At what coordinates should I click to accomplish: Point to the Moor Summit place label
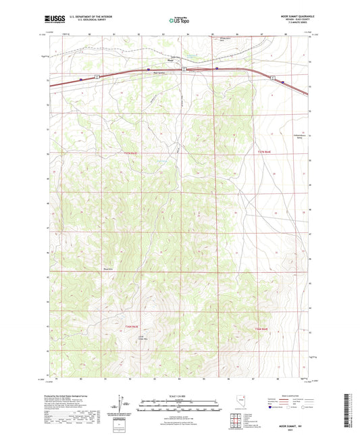(x=159, y=73)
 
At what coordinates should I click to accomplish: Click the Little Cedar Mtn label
(x=143, y=339)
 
